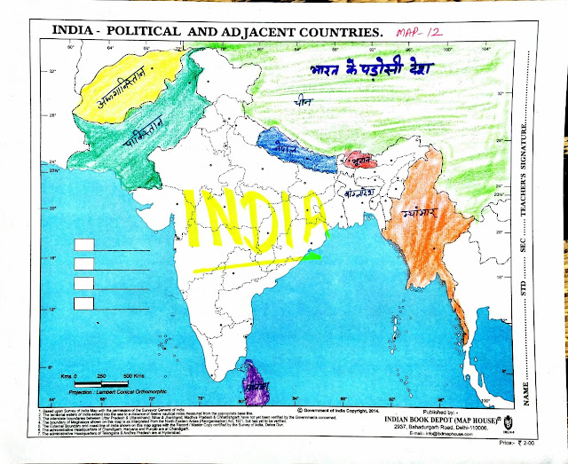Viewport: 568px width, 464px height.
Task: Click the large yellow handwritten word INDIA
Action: tap(257, 217)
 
